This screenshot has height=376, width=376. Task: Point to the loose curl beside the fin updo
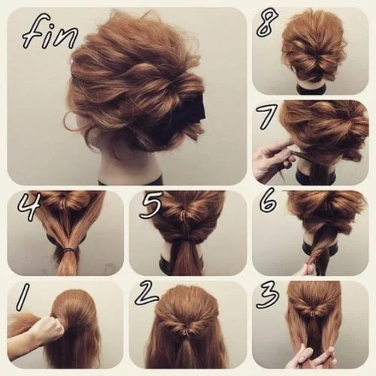75,120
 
